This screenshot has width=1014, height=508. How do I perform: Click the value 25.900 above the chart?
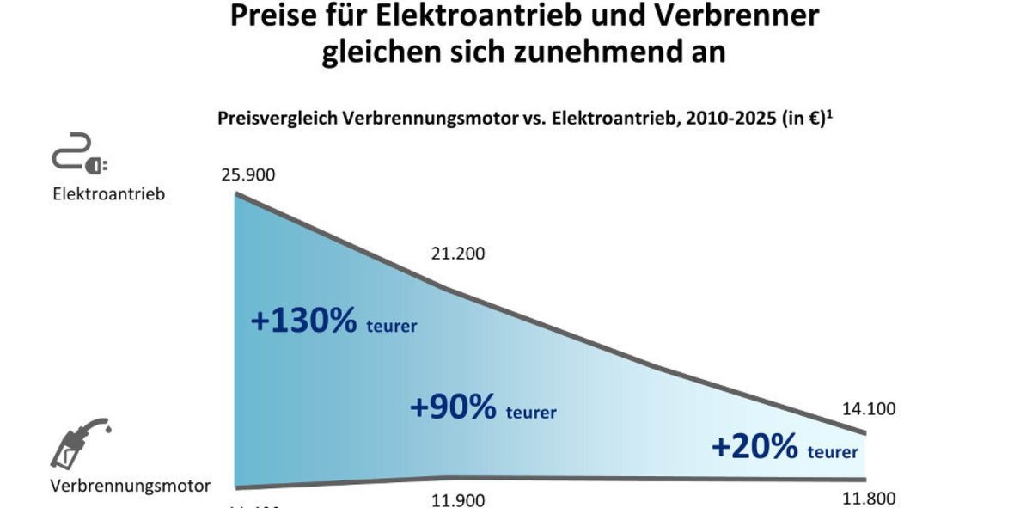248,175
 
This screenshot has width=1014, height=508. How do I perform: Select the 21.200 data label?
458,254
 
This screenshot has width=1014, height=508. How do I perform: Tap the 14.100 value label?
869,409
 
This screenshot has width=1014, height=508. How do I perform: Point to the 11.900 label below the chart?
457,500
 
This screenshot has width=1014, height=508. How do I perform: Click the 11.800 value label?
869,499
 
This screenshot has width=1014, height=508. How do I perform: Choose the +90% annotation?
453,407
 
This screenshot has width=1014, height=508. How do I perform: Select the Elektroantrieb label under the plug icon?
108,194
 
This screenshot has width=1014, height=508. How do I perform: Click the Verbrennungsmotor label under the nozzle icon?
130,486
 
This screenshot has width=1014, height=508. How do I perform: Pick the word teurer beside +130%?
392,326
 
